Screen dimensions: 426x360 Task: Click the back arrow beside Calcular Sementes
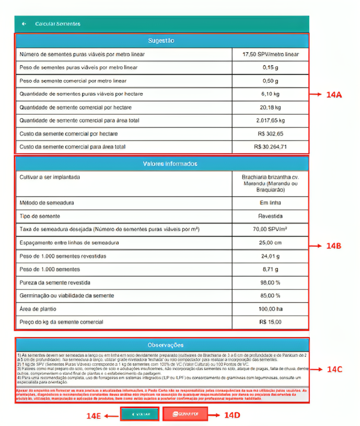click(24, 24)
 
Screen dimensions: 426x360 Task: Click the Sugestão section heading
click(161, 41)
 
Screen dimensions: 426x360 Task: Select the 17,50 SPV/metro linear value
click(270, 54)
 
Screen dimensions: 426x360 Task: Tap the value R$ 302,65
click(270, 134)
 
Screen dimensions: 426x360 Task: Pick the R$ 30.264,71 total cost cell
click(270, 147)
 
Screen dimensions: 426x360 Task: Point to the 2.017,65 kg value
click(270, 120)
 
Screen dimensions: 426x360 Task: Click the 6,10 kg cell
click(270, 94)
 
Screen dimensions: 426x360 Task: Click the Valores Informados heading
click(161, 164)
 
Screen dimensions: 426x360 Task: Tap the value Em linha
click(270, 203)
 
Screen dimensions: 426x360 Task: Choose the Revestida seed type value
click(270, 216)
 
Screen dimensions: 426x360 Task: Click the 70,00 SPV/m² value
click(270, 229)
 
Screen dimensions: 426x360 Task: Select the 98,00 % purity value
click(270, 283)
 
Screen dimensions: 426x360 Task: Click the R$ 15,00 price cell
click(270, 322)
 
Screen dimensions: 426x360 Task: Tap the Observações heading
click(161, 345)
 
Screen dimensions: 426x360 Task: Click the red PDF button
click(185, 415)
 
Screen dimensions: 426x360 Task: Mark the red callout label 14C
click(334, 370)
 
